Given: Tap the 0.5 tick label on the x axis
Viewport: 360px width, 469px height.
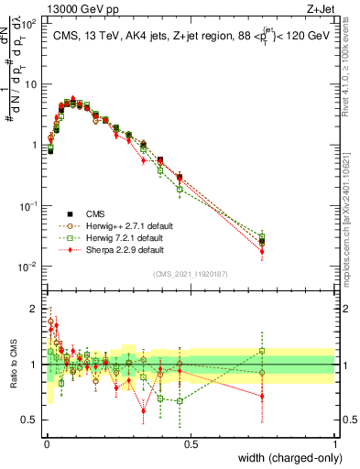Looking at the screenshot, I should (190, 444).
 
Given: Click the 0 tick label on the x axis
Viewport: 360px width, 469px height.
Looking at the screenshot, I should (45, 444).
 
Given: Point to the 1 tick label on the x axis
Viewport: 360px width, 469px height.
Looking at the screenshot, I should (334, 444).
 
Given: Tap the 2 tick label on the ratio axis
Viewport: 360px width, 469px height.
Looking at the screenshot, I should (34, 308).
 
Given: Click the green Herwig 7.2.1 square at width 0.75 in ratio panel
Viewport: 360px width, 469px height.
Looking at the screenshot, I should (262, 351).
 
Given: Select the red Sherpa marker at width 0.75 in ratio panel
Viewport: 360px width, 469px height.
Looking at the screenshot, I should (262, 397).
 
